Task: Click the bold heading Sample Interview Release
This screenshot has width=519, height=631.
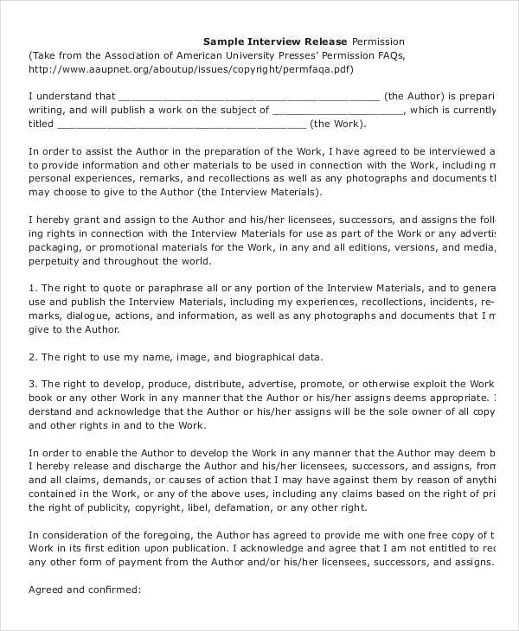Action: (x=275, y=41)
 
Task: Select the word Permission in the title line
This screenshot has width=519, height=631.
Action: (x=378, y=41)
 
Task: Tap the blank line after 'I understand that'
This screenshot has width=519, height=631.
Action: (x=247, y=97)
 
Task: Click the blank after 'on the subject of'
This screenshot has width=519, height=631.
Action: (x=337, y=111)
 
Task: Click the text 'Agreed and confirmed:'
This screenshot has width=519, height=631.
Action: (x=84, y=590)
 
